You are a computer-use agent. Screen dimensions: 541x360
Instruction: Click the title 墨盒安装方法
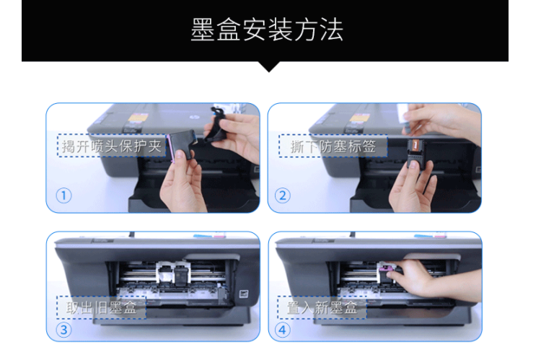coord(267,30)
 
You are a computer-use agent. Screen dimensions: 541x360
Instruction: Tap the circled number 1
coord(63,196)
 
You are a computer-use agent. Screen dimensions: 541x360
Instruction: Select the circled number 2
coord(283,196)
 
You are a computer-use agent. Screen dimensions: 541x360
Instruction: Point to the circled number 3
coord(63,330)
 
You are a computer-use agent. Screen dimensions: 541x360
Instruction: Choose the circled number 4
coord(283,330)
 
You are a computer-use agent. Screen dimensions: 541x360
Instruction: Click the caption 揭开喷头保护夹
coord(111,146)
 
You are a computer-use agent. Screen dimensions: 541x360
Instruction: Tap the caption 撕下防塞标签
coord(333,146)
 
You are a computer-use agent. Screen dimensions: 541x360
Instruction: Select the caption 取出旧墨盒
coord(101,307)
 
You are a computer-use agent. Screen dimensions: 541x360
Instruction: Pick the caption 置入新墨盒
coord(322,307)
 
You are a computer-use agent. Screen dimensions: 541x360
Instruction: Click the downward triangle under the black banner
coord(269,66)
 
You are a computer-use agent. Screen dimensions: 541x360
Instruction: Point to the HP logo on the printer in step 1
coord(192,117)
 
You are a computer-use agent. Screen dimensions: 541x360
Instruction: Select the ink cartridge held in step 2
coord(415,154)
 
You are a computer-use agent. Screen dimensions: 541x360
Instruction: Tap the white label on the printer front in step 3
coord(244,294)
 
